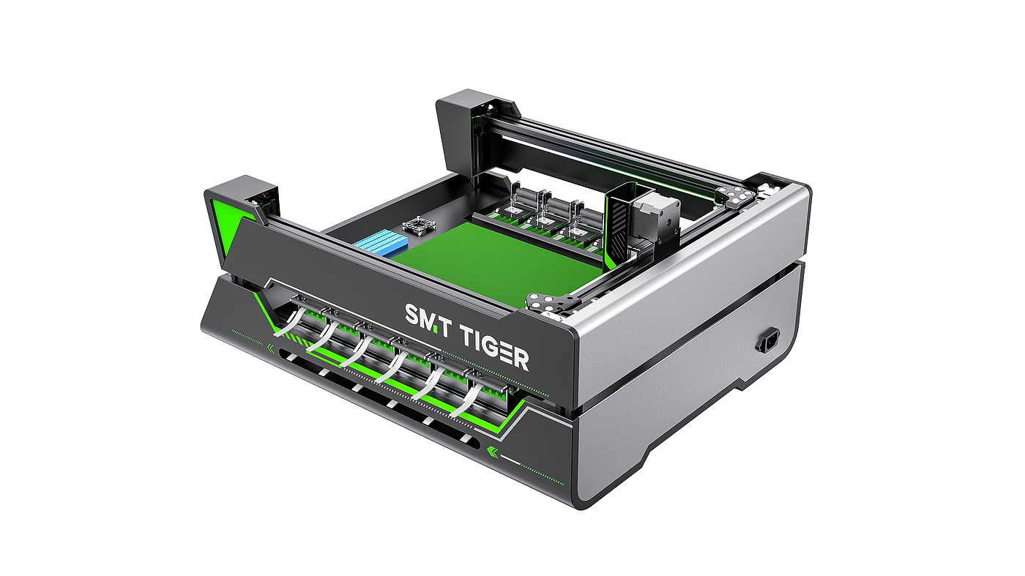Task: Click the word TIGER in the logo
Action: tap(495, 347)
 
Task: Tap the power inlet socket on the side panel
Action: tap(769, 340)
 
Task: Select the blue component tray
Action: tap(380, 244)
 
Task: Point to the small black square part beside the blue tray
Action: tap(417, 225)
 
